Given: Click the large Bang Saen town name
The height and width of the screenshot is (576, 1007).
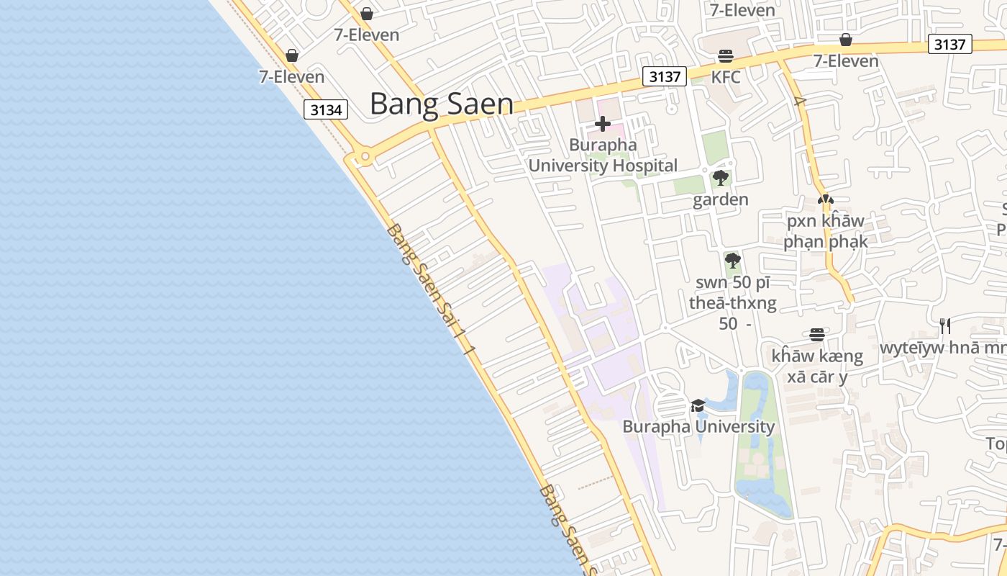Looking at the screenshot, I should click(x=441, y=104).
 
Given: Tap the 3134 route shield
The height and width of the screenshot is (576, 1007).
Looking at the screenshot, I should click(x=326, y=109).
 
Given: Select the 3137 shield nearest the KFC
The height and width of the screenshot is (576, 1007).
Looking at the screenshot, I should click(x=664, y=76).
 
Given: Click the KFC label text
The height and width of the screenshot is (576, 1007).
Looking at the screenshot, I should click(x=725, y=77).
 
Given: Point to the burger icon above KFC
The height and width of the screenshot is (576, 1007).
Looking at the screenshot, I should click(x=725, y=56).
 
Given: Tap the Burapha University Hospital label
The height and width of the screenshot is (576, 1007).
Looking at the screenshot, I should click(x=603, y=156).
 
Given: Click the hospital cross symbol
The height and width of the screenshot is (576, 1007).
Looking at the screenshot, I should click(x=603, y=125).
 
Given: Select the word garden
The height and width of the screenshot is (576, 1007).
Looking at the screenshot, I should click(x=720, y=200).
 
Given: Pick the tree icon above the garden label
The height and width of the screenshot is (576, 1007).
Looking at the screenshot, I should click(x=720, y=178).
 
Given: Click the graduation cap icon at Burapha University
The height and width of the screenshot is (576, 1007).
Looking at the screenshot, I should click(x=698, y=405).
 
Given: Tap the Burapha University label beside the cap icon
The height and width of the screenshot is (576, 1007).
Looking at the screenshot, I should click(x=698, y=426).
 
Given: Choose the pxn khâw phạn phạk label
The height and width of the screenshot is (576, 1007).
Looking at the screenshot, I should click(x=826, y=231).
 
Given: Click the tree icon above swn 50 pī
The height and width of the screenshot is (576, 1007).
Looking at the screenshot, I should click(x=732, y=260).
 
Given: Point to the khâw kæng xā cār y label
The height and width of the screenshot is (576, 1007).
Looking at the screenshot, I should click(x=816, y=366).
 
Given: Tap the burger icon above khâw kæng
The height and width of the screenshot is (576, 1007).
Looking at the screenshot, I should click(x=816, y=334).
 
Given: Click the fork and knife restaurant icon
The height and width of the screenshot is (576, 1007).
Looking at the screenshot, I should click(x=944, y=326).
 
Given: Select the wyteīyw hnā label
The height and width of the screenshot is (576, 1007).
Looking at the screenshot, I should click(x=942, y=348).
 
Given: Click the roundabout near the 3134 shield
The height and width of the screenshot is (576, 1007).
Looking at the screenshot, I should click(x=365, y=156).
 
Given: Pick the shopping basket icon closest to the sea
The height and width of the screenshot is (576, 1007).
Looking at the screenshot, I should click(x=292, y=55).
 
